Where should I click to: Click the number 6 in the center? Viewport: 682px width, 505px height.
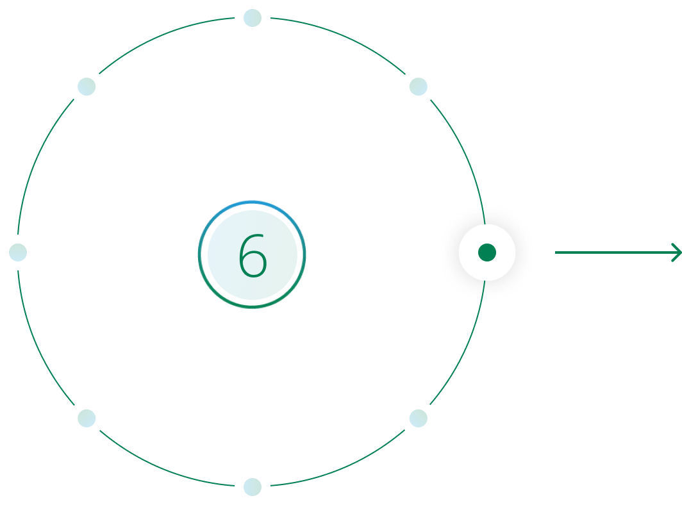point(253,255)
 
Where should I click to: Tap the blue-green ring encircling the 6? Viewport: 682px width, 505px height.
point(252,201)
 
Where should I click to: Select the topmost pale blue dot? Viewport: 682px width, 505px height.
point(253,18)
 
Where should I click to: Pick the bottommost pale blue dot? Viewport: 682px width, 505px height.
point(253,486)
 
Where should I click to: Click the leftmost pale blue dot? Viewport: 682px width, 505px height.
point(18,252)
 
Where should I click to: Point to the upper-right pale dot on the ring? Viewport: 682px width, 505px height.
point(419,87)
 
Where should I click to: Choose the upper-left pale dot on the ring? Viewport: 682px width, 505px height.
point(87,87)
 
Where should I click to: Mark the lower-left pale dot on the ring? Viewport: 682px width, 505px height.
point(87,418)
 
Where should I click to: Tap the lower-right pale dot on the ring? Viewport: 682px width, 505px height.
point(419,418)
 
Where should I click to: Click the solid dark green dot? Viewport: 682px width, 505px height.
point(487,252)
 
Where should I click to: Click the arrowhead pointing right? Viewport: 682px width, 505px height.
point(677,252)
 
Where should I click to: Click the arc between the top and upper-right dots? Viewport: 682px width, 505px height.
point(342,36)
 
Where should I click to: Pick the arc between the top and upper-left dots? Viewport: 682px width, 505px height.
point(163,36)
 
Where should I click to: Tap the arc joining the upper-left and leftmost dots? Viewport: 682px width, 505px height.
point(36,163)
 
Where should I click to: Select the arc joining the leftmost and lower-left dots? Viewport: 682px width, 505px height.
point(36,342)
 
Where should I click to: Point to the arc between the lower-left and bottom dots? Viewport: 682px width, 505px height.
point(163,469)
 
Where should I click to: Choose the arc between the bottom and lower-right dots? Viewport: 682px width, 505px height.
point(342,469)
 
